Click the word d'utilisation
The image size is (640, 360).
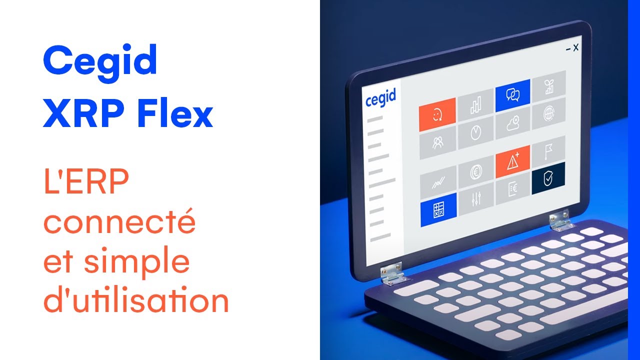pyautogui.click(x=136, y=301)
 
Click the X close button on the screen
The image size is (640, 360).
pyautogui.click(x=575, y=48)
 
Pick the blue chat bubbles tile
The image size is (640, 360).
pyautogui.click(x=512, y=95)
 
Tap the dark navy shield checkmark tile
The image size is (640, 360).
pyautogui.click(x=548, y=177)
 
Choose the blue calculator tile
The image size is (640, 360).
pyautogui.click(x=438, y=210)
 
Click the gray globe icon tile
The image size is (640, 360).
pyautogui.click(x=548, y=113)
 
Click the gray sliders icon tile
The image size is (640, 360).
pyautogui.click(x=475, y=200)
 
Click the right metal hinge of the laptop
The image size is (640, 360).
pyautogui.click(x=560, y=222)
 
